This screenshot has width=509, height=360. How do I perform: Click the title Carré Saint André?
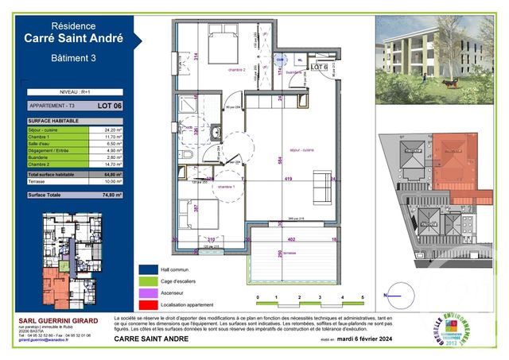pos(73,37)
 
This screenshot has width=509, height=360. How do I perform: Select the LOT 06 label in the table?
pos(109,105)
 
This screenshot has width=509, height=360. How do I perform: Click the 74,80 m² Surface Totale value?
pos(110,194)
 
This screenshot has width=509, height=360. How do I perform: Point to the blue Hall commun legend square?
pos(146,269)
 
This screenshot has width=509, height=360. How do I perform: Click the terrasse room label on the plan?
pos(287,253)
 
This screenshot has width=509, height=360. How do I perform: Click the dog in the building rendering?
pos(451,80)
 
